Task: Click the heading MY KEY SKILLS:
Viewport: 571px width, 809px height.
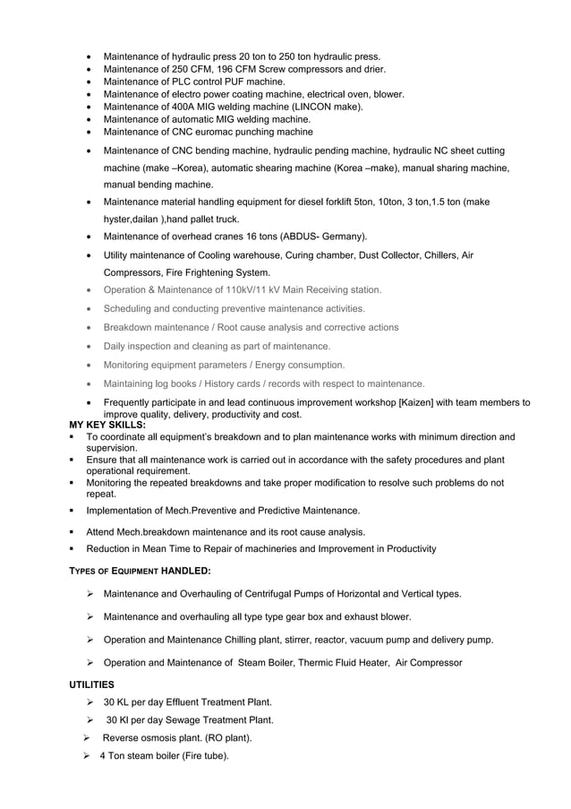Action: point(107,425)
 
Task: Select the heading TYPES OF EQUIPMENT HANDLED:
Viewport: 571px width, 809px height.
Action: point(140,571)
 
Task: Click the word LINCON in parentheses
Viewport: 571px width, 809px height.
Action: point(311,107)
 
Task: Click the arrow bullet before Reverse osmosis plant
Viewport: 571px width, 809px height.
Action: point(87,738)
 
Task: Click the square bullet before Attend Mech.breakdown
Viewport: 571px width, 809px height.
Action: point(73,531)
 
